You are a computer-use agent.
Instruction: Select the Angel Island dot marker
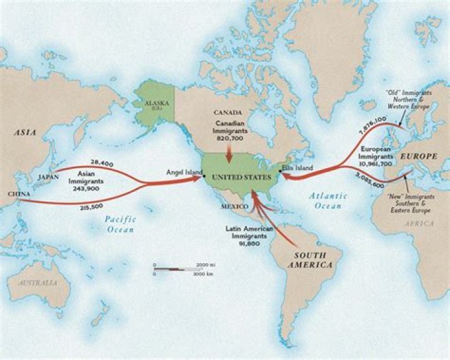(204, 177)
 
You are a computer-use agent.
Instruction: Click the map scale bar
(175, 269)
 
